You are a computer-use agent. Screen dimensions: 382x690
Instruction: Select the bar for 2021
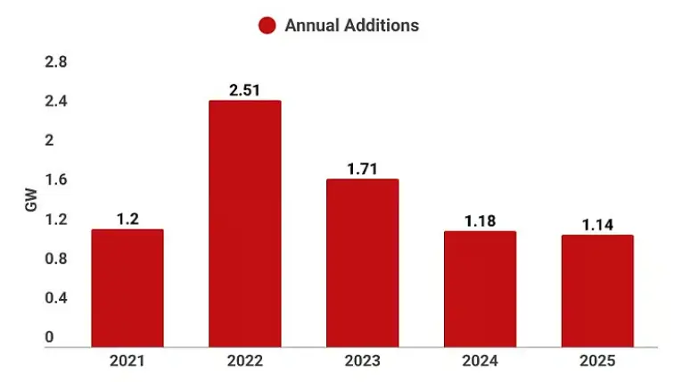[x=127, y=287]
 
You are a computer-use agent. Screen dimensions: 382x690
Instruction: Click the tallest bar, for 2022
[x=244, y=223]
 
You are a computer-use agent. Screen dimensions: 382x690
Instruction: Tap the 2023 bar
[x=362, y=262]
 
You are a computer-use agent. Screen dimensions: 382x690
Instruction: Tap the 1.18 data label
[x=480, y=220]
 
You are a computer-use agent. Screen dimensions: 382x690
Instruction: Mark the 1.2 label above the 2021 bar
[x=127, y=218]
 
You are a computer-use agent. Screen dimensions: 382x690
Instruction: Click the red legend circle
[x=267, y=26]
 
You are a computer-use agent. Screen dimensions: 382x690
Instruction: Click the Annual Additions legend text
[x=351, y=26]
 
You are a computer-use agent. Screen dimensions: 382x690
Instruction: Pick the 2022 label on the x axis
[x=244, y=361]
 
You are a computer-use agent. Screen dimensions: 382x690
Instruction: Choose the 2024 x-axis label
[x=480, y=361]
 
